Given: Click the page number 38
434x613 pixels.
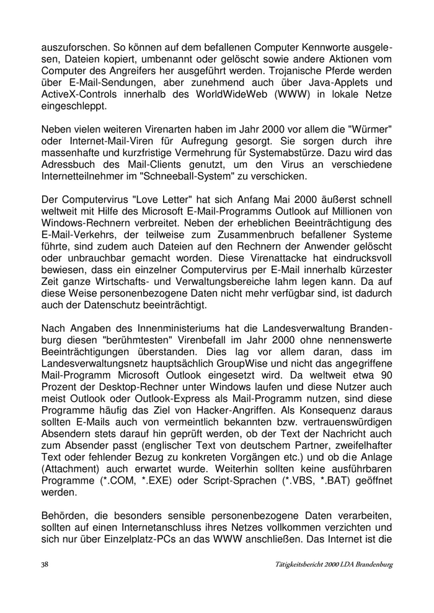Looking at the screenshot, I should tap(45, 565).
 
